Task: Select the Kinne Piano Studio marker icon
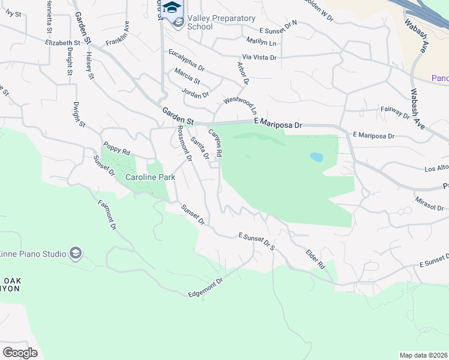pyautogui.click(x=75, y=253)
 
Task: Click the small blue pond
pyautogui.click(x=316, y=158)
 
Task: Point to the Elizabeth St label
pyautogui.click(x=62, y=43)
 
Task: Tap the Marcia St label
pyautogui.click(x=187, y=76)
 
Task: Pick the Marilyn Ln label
pyautogui.click(x=261, y=42)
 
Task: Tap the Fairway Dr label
pyautogui.click(x=395, y=112)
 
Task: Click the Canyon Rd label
pyautogui.click(x=215, y=143)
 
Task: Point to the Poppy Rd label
pyautogui.click(x=116, y=148)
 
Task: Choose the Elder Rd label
pyautogui.click(x=315, y=259)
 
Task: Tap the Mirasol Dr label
pyautogui.click(x=429, y=203)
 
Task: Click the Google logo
pyautogui.click(x=20, y=352)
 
